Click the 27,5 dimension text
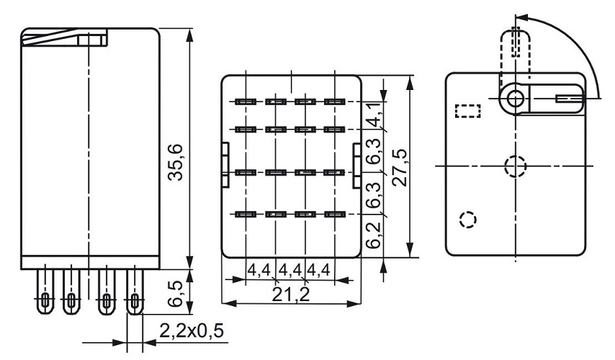(401, 167)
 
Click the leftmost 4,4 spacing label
(259, 271)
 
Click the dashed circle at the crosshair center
(515, 166)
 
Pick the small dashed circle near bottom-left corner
(467, 218)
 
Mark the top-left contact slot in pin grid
(245, 102)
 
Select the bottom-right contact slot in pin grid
(332, 214)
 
